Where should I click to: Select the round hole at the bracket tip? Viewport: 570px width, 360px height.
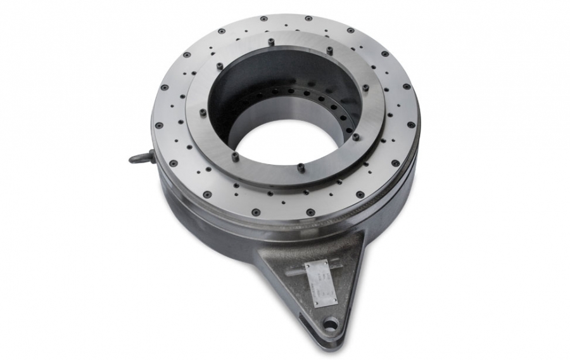[330, 326]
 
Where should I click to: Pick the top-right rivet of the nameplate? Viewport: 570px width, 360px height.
[326, 261]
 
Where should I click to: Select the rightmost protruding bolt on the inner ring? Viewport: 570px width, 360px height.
[365, 88]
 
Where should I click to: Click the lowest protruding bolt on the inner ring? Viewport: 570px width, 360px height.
[299, 167]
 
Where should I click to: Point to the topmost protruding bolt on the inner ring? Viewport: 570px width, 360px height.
[272, 42]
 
